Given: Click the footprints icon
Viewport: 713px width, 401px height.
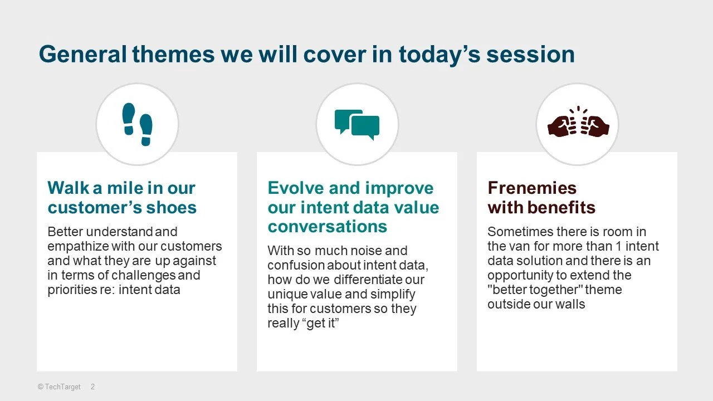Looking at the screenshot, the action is coord(137,124).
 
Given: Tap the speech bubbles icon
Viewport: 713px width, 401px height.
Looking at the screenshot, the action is coord(357,125).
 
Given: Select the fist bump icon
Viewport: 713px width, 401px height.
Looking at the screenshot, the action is coord(578,122).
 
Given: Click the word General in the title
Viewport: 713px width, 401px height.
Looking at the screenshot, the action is coord(83,54).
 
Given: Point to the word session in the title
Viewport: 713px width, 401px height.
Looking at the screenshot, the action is coord(531,55).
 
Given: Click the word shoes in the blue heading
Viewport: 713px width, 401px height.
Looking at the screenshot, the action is coord(171,208).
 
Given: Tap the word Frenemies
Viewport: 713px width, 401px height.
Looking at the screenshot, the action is coord(532,188).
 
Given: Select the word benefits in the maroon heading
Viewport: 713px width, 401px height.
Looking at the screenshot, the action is coord(561,207).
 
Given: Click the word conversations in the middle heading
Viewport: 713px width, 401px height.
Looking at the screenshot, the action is coord(327,227).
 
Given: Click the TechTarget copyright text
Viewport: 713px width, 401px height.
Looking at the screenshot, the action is coord(59,387).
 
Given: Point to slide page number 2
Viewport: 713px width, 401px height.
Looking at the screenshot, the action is coord(92,387).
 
